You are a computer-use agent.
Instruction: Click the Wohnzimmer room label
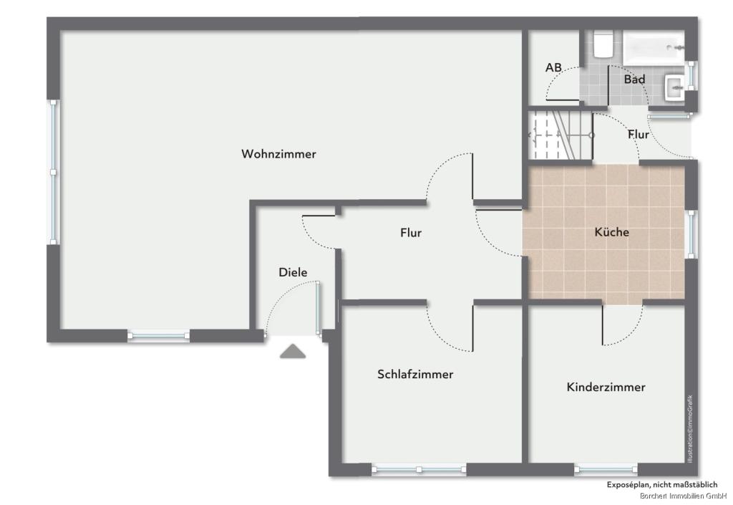coord(278,154)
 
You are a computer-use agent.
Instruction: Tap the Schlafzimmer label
coord(415,374)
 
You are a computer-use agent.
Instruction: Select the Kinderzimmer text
coord(606,387)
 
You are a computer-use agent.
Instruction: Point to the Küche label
coord(611,232)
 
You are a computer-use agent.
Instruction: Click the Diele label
coord(293,272)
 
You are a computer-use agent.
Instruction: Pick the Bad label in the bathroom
coord(634,79)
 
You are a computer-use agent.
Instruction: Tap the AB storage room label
coord(553,67)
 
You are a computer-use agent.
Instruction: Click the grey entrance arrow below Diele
coord(293,351)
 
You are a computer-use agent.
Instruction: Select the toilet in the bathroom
coord(603,44)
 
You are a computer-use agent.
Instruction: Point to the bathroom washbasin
coord(674,87)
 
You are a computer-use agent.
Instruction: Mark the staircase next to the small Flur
coord(560,135)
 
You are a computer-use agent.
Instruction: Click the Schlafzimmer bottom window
coord(419,469)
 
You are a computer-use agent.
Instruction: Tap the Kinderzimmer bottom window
coord(606,468)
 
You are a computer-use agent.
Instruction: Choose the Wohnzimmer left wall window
coord(54,172)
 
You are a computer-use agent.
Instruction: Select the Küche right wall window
coord(691,234)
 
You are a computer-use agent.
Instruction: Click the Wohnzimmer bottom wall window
coord(158,335)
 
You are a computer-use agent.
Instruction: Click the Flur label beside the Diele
coord(411,232)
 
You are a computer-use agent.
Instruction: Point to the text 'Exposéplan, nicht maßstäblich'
coord(662,485)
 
